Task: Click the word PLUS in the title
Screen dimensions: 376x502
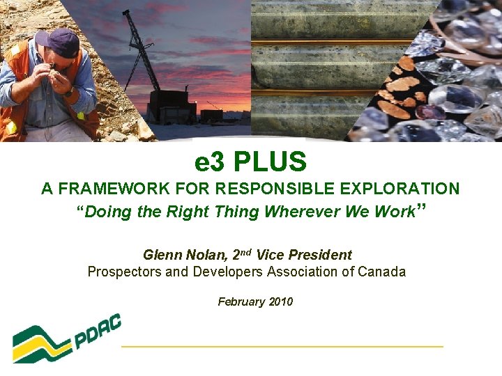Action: [270, 162]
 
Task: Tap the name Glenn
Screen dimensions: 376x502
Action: [161, 256]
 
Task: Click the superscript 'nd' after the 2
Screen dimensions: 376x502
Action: [245, 252]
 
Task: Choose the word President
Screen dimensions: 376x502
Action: [320, 256]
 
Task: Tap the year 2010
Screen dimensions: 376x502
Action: [280, 302]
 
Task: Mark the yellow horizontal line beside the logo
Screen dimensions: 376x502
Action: [282, 345]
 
